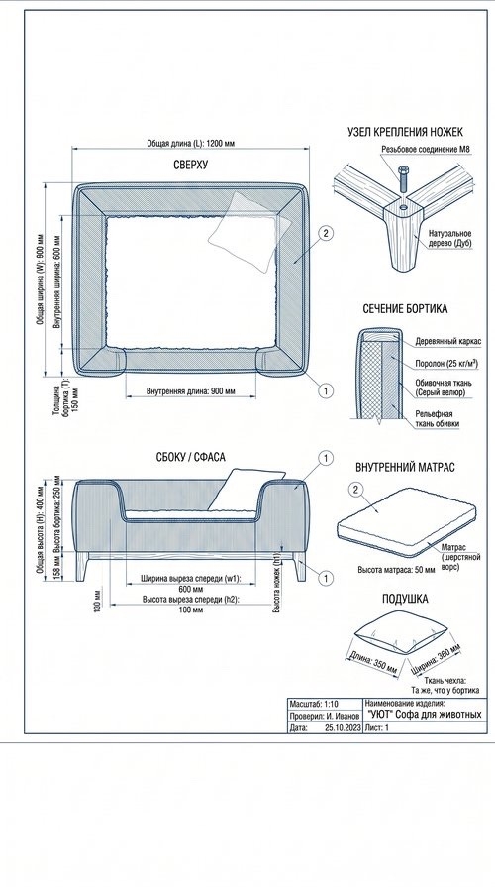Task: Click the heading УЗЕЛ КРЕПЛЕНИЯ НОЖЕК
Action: pyautogui.click(x=405, y=132)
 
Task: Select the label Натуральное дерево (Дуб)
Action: pyautogui.click(x=449, y=238)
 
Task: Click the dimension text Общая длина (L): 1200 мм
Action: pyautogui.click(x=190, y=144)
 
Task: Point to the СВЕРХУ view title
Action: pyautogui.click(x=190, y=166)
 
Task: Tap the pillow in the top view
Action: pyautogui.click(x=249, y=230)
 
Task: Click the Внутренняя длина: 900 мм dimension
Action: pyautogui.click(x=190, y=390)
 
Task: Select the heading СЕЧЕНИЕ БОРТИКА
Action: pyautogui.click(x=405, y=309)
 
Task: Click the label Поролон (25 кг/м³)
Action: pyautogui.click(x=446, y=365)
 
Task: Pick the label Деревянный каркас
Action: pyautogui.click(x=448, y=342)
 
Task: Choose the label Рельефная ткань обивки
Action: pyautogui.click(x=437, y=418)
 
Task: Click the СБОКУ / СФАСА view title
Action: pyautogui.click(x=190, y=457)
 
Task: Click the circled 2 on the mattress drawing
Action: pyautogui.click(x=355, y=490)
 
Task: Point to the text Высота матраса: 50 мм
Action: pyautogui.click(x=397, y=570)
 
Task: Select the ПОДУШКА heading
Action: pyautogui.click(x=405, y=599)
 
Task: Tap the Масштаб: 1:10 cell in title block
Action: pyautogui.click(x=314, y=704)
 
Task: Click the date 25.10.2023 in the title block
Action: pyautogui.click(x=343, y=728)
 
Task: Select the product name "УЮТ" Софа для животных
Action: pyautogui.click(x=425, y=715)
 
